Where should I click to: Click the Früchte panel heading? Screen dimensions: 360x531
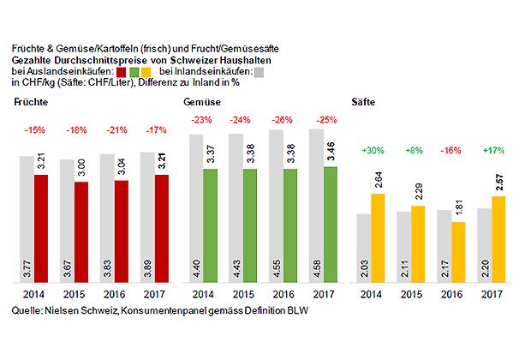coord(31,103)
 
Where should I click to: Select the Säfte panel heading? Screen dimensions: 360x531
coord(363,102)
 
